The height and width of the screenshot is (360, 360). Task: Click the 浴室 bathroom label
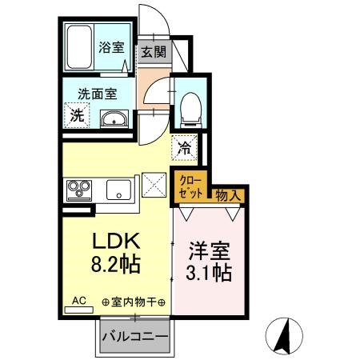(x=112, y=47)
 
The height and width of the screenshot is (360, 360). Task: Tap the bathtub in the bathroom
(x=79, y=48)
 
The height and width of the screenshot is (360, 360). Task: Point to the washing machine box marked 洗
(x=77, y=114)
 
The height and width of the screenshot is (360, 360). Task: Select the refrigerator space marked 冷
(x=184, y=148)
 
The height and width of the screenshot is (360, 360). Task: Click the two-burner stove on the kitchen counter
(x=78, y=190)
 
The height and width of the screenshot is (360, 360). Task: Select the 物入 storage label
(x=226, y=194)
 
